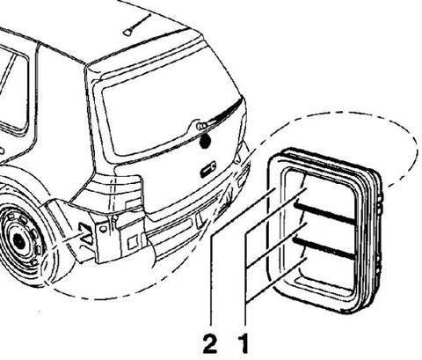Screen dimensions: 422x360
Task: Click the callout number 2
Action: tap(210, 344)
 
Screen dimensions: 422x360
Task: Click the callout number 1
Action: tap(244, 344)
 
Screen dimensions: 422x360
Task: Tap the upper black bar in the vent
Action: tap(324, 213)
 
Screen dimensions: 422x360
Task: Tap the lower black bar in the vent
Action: tap(324, 248)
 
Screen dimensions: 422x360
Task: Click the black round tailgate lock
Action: tap(205, 141)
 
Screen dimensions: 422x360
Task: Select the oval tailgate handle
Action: tap(207, 169)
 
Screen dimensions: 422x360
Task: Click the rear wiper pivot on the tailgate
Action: tap(201, 126)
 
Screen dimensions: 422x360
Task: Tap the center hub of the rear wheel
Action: tap(19, 241)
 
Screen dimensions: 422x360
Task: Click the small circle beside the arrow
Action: tap(103, 228)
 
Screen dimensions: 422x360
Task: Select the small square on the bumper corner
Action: tap(133, 243)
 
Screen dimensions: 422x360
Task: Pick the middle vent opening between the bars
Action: tap(326, 231)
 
